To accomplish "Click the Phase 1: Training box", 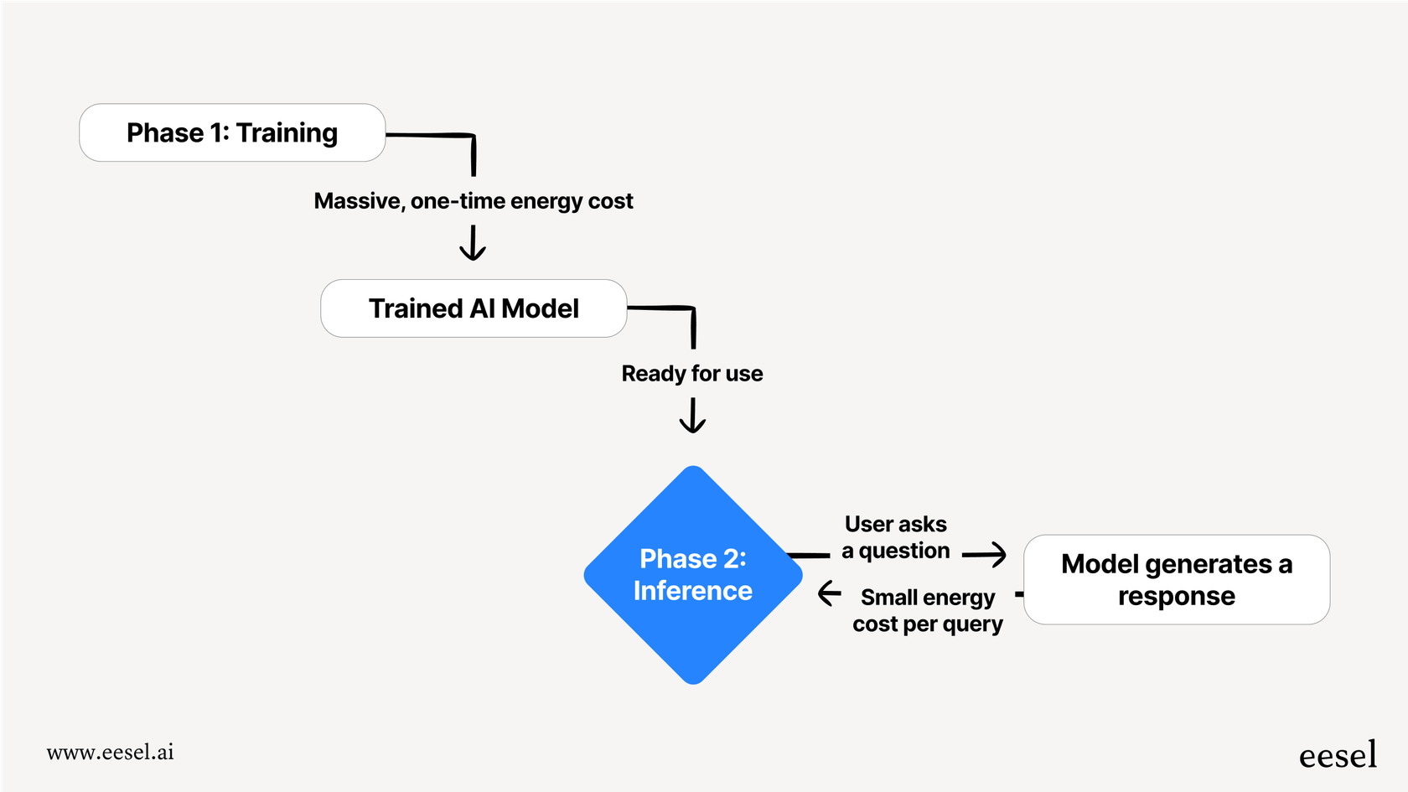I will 232,132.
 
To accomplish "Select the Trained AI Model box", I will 474,308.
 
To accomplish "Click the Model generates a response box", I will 1176,579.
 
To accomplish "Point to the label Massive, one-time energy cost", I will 474,201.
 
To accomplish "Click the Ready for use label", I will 692,374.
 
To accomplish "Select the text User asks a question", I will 895,537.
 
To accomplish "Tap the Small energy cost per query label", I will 928,610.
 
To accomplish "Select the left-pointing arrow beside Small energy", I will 829,593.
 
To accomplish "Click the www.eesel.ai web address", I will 111,752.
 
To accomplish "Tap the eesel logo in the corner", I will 1338,755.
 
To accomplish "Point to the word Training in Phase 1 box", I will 287,132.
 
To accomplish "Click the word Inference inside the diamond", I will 692,591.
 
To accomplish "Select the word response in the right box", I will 1176,596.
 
